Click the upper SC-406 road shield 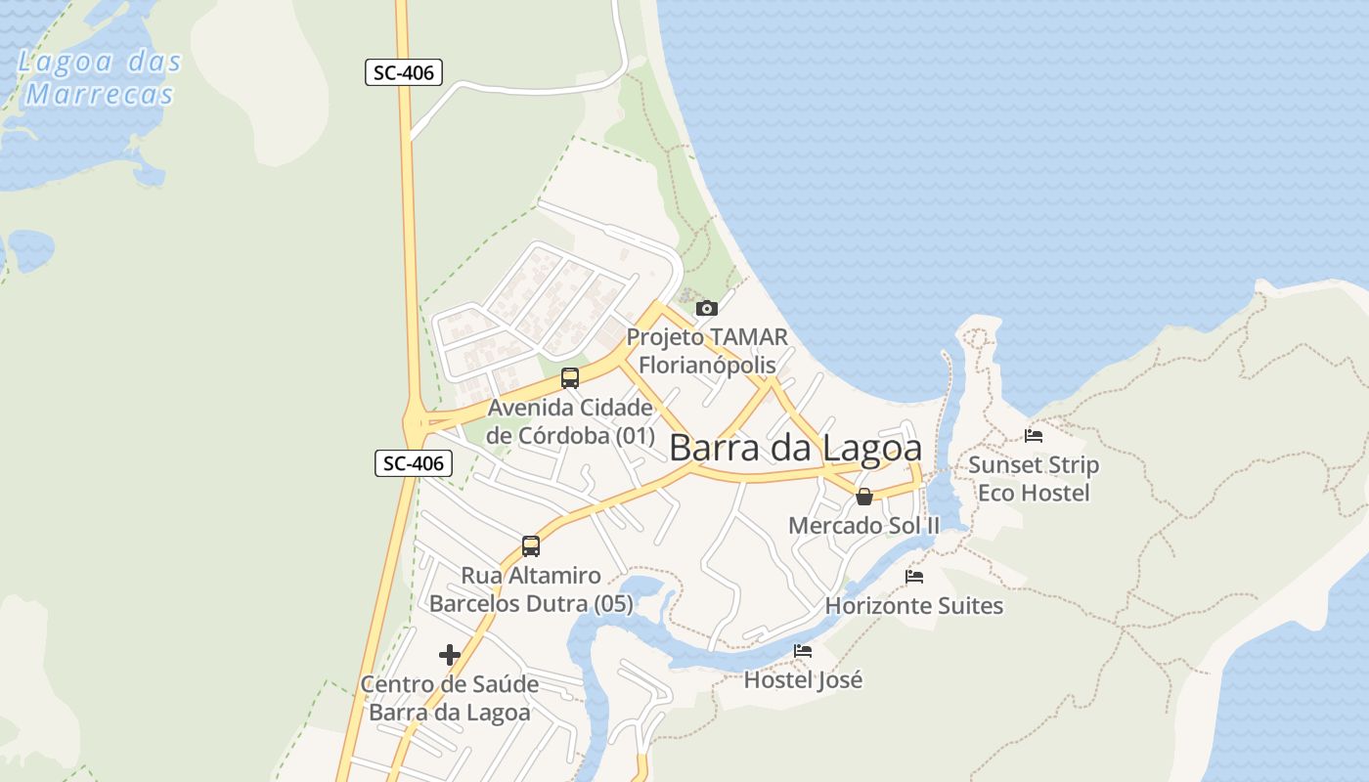(404, 72)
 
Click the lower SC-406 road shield (414, 463)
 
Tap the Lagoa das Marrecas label (100, 78)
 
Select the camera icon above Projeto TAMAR (706, 309)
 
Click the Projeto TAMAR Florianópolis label (707, 351)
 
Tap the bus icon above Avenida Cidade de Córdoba (570, 378)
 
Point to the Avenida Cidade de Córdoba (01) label (570, 421)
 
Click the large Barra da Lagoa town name (795, 448)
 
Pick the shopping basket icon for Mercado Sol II (864, 497)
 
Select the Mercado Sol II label (863, 525)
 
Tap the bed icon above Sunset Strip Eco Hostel (1034, 436)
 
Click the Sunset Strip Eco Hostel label (1034, 478)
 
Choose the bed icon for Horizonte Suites (914, 577)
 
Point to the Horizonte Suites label (914, 606)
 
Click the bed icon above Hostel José (803, 651)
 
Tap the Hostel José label (803, 679)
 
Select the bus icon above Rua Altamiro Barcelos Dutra (531, 546)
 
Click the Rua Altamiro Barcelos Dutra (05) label (531, 589)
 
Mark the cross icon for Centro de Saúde (450, 655)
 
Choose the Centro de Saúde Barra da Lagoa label (450, 698)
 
